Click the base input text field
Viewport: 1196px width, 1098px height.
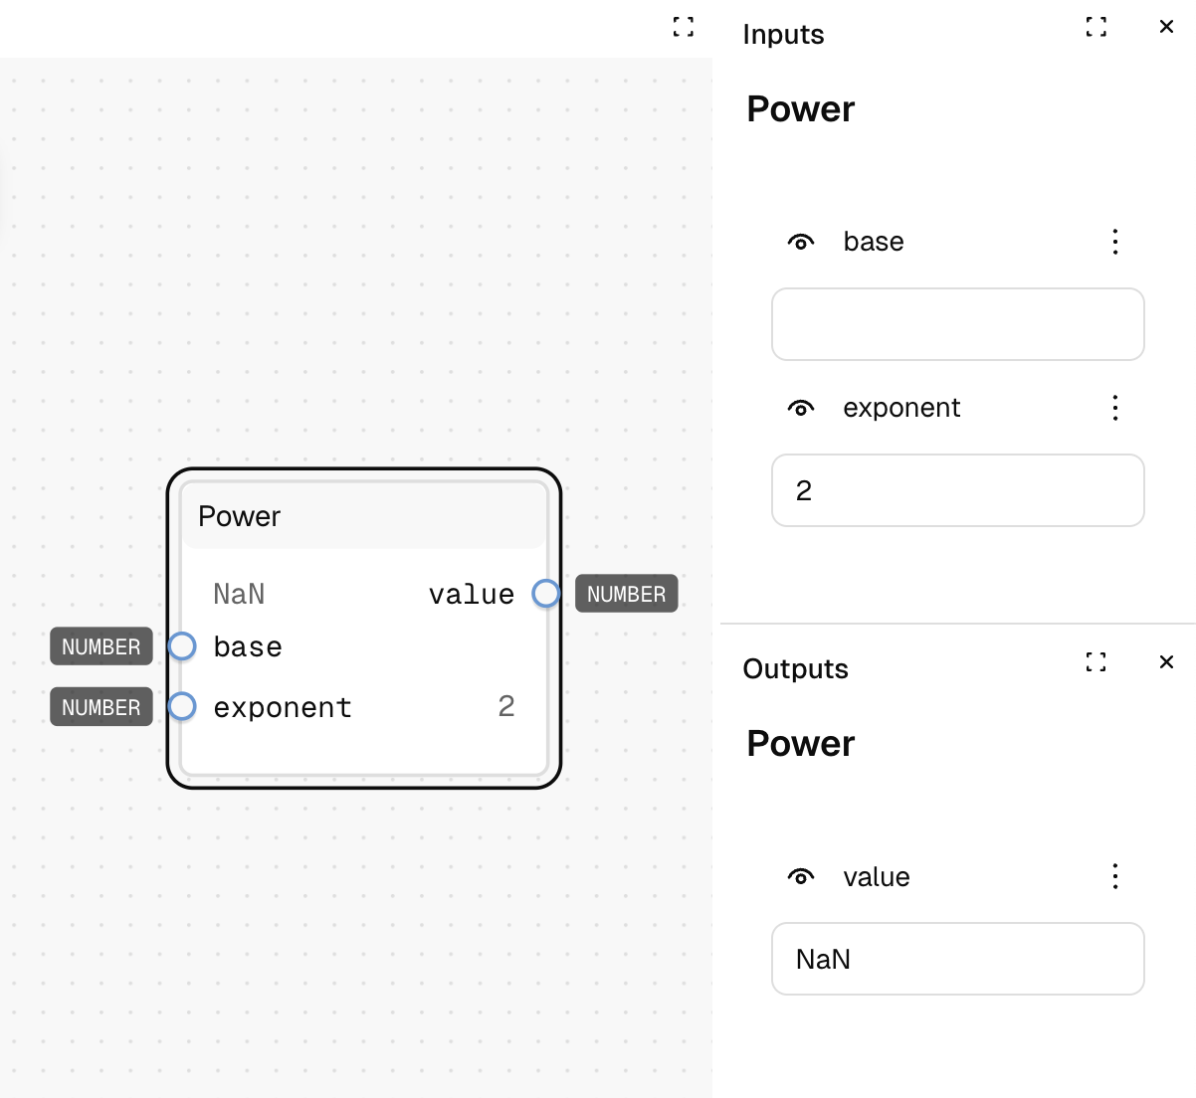[x=957, y=324]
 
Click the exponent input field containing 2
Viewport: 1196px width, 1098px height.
[x=957, y=490]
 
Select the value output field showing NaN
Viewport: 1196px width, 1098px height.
[x=957, y=959]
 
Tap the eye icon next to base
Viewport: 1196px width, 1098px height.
[x=801, y=242]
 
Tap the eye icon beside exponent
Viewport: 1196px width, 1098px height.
[x=801, y=409]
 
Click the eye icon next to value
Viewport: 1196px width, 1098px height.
[x=801, y=877]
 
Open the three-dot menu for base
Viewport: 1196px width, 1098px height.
[x=1115, y=242]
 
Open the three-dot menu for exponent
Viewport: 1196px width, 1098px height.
[x=1115, y=409]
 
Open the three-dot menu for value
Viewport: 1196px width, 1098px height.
[x=1115, y=877]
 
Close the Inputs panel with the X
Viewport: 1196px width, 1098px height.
[x=1166, y=26]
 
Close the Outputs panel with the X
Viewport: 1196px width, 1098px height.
[x=1166, y=661]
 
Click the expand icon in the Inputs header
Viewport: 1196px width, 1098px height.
[x=1096, y=26]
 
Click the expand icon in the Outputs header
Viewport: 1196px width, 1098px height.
[x=1096, y=661]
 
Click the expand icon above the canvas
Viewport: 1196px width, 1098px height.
[x=684, y=26]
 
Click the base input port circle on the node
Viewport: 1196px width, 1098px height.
[x=182, y=646]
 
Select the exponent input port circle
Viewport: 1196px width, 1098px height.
[x=182, y=706]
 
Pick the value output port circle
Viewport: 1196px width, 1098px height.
[x=546, y=594]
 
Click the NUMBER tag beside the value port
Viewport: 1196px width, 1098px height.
[x=627, y=594]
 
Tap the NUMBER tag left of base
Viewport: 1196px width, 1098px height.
[x=101, y=646]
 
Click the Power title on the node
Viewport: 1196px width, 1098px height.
[x=239, y=516]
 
